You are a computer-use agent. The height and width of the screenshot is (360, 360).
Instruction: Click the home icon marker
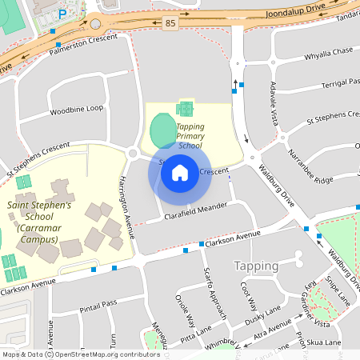click(x=180, y=172)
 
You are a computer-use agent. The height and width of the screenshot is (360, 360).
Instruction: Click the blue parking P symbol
click(x=62, y=14)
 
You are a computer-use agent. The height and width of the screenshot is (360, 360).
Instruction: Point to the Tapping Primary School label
click(x=190, y=136)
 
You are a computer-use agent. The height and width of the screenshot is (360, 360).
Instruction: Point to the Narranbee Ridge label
click(x=310, y=167)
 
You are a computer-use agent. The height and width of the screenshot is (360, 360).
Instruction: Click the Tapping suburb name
click(x=256, y=266)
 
